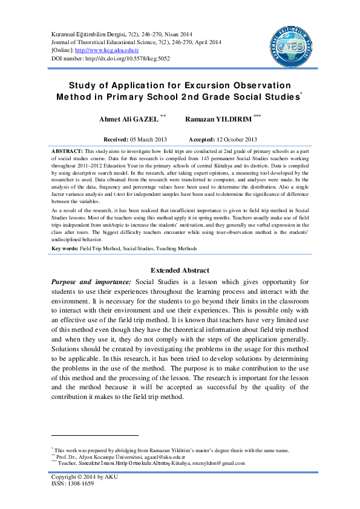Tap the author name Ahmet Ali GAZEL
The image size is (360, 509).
(x=128, y=120)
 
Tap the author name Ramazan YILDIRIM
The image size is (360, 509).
(x=211, y=120)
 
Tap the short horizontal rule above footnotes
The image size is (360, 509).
(x=95, y=435)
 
